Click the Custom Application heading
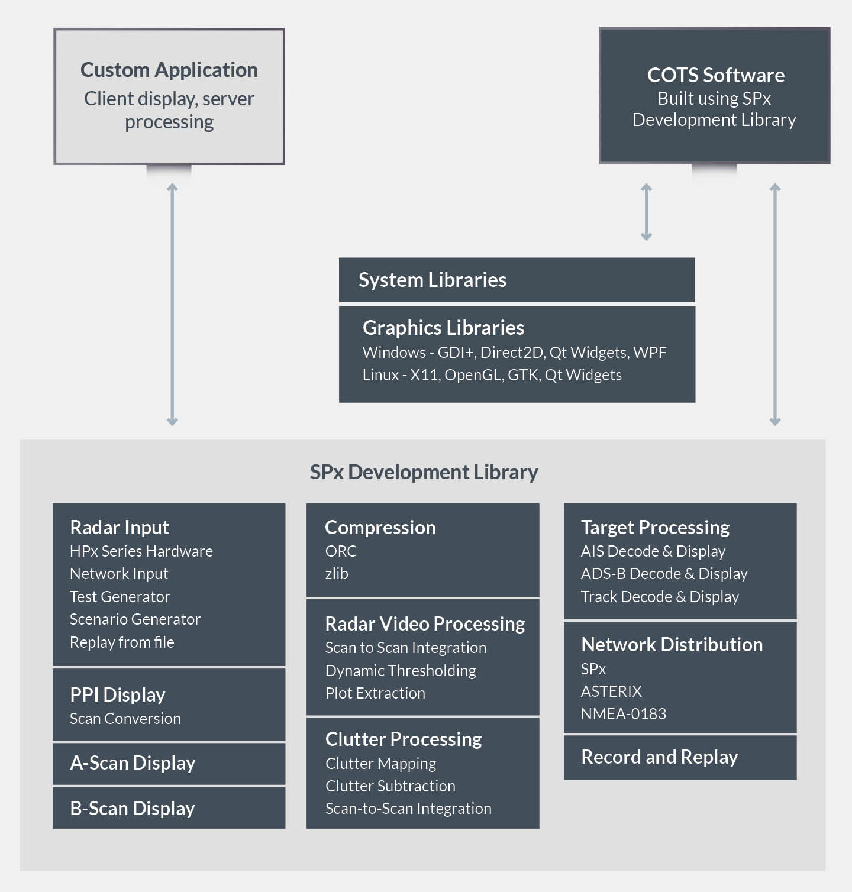[169, 70]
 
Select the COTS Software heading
[715, 75]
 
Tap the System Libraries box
[517, 280]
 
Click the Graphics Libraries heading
[443, 328]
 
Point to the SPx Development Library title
[424, 472]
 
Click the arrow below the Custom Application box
[172, 304]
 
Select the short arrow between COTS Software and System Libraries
[646, 212]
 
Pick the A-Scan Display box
[169, 763]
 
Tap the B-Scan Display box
[169, 808]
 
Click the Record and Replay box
[680, 757]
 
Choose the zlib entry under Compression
[337, 574]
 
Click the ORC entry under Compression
[341, 551]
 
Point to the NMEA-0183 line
[623, 714]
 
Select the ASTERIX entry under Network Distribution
[611, 691]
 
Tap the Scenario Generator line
[135, 619]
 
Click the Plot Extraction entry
[375, 693]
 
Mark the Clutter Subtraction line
[390, 786]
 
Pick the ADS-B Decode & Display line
[664, 574]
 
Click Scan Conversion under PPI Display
[125, 719]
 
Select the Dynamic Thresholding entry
[401, 671]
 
